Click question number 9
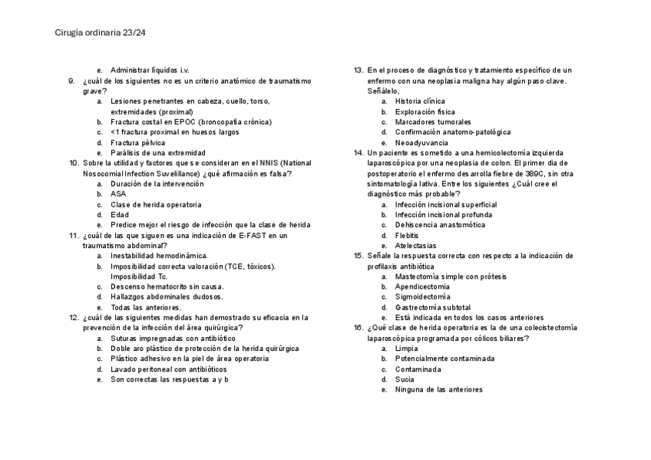point(71,81)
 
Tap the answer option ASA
point(118,194)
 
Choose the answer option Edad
point(120,215)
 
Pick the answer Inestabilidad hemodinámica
point(159,256)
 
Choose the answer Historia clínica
point(420,101)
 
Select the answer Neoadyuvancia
point(421,142)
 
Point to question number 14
point(359,153)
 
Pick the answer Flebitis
point(407,235)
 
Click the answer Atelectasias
point(415,246)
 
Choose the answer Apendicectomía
point(422,286)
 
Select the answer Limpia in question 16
point(406,349)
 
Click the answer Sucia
point(405,379)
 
